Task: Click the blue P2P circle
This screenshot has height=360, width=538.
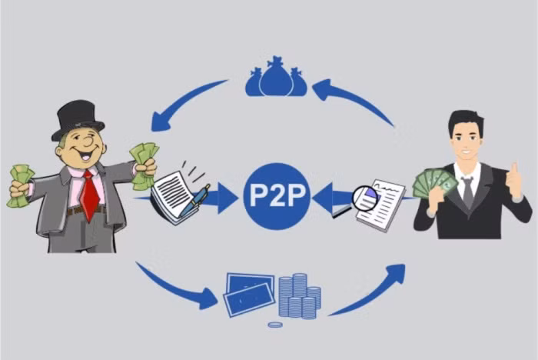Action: [277, 196]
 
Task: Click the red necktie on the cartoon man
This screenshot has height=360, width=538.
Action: [89, 196]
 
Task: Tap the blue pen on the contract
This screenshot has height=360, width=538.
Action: [194, 202]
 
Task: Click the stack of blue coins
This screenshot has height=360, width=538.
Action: [299, 296]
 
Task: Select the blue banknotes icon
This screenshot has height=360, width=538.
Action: [249, 294]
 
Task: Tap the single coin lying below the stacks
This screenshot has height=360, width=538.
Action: [275, 325]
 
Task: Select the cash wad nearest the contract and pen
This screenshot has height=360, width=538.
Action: [144, 165]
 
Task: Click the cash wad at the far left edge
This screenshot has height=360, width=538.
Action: [20, 186]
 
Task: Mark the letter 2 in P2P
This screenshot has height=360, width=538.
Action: [277, 196]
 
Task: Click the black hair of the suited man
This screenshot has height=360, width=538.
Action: [466, 122]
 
